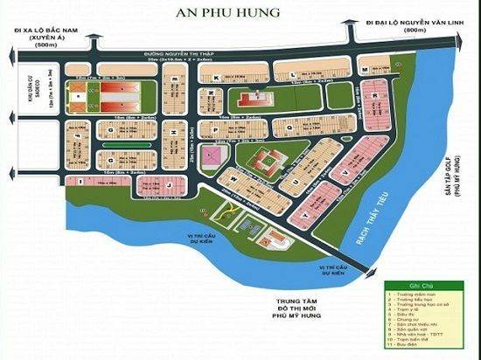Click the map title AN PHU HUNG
click(x=240, y=12)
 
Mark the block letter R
click(x=374, y=86)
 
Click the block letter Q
click(x=289, y=126)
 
